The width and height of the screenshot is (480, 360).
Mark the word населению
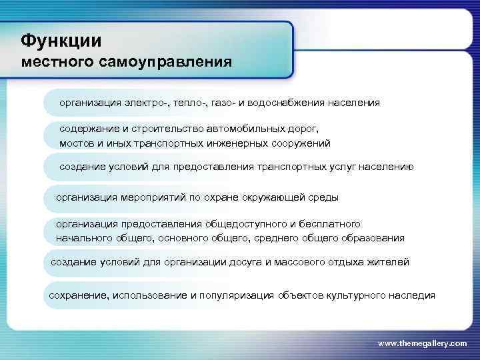point(386,167)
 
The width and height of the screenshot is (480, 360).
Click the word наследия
point(413,295)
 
